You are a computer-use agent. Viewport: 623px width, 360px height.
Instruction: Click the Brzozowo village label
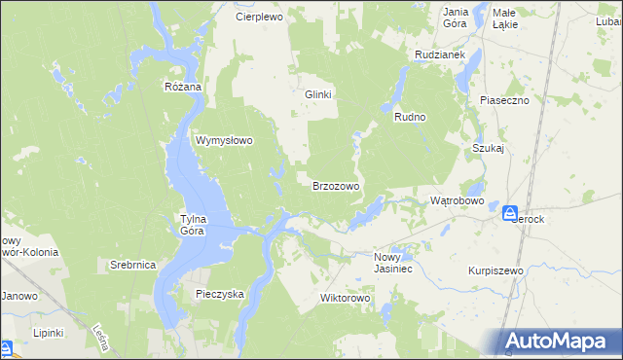coord(336,185)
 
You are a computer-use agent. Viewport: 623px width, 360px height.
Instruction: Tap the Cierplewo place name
coord(258,18)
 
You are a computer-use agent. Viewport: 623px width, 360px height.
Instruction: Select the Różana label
coord(182,87)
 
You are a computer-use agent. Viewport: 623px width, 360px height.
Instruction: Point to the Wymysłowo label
coord(225,140)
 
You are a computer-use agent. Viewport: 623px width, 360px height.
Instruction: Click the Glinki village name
coord(319,94)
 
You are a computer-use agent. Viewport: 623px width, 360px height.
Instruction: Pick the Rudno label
coord(411,117)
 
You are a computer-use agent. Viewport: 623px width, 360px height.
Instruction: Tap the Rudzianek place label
coord(437,55)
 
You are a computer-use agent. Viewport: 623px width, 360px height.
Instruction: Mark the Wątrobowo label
coord(458,200)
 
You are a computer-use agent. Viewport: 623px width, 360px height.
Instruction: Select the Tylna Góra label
coord(192,225)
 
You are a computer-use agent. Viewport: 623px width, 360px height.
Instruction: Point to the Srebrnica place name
coord(133,265)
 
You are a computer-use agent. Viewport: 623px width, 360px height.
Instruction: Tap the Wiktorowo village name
coord(347,298)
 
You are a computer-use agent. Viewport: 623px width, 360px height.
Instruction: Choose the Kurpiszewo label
coord(495,270)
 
